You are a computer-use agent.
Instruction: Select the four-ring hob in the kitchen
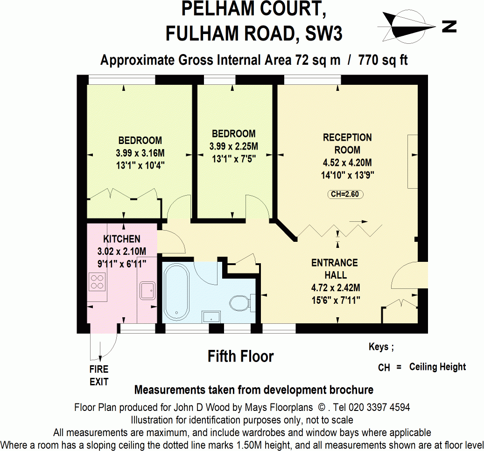[98, 282]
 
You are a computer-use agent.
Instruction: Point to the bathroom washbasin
[211, 317]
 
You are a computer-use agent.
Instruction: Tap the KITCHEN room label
[122, 239]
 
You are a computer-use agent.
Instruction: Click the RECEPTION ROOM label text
[347, 143]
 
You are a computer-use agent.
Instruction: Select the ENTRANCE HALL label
[334, 269]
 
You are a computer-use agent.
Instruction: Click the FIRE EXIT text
[99, 376]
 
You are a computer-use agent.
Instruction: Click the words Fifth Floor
[240, 357]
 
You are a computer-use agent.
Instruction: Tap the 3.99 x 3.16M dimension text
[140, 152]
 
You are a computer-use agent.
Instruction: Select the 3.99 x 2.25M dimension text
[233, 146]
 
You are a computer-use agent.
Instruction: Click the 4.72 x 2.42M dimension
[335, 287]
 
